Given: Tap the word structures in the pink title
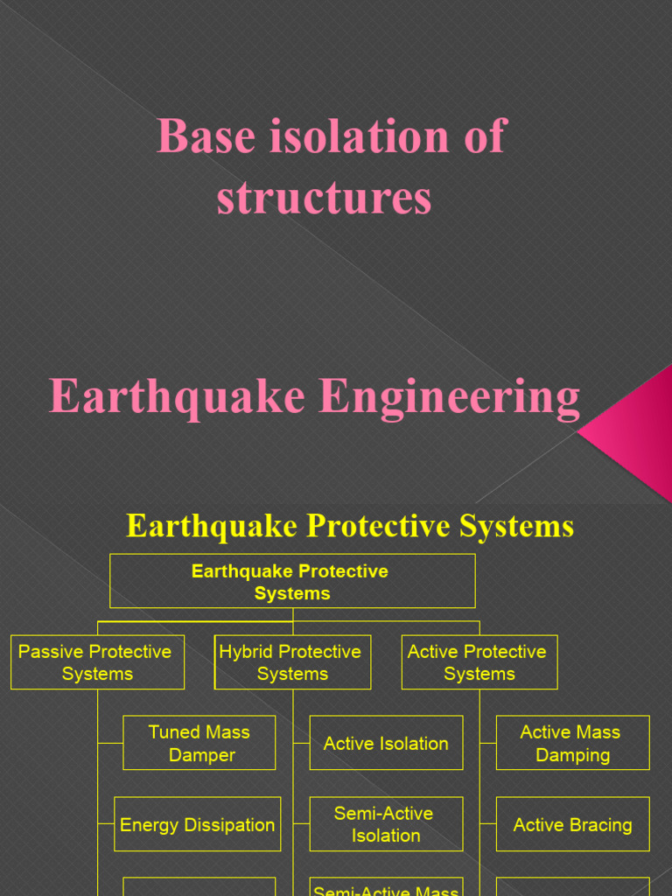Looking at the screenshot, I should tap(324, 197).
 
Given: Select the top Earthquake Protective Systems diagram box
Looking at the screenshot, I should tap(292, 581).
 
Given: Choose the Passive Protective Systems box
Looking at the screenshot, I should tap(97, 662).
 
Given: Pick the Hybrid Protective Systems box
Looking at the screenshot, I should tap(292, 662).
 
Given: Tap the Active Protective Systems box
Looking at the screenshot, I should tap(479, 662).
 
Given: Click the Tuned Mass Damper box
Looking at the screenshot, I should tap(199, 743).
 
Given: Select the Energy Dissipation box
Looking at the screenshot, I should tap(197, 824).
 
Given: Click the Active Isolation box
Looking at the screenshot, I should tap(386, 743).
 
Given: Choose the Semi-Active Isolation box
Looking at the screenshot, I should tap(386, 824).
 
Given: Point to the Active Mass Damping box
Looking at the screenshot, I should tap(572, 743).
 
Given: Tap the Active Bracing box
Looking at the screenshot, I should tap(572, 824).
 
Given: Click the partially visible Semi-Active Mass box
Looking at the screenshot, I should tap(386, 887).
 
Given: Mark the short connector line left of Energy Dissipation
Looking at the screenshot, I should tap(106, 824).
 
